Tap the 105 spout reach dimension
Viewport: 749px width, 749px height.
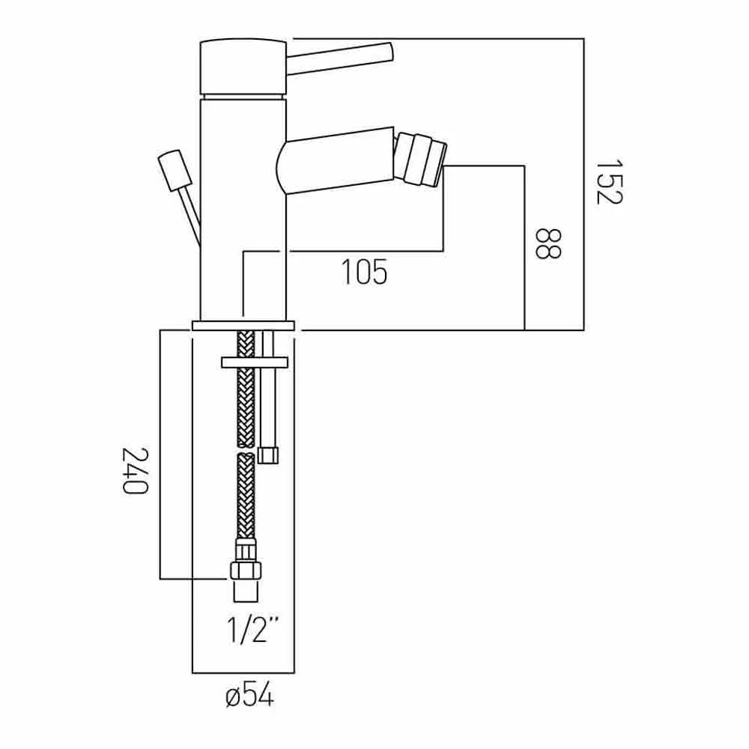365,272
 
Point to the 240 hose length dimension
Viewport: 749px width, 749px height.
134,470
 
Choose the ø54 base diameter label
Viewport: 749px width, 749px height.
249,697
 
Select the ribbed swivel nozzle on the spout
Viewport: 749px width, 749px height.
417,158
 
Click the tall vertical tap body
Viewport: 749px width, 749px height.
243,210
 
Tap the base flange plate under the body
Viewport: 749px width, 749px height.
244,325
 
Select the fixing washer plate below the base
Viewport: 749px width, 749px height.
255,363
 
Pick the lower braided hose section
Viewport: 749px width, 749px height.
245,494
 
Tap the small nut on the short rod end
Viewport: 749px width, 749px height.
268,455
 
